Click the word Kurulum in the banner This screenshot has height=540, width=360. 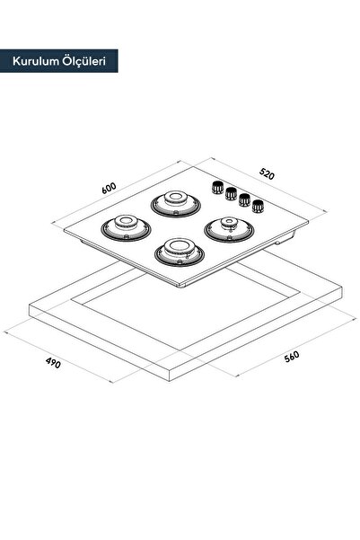tap(35, 61)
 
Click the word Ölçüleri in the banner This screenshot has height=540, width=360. tap(84, 60)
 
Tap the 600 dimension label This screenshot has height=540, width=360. tap(109, 189)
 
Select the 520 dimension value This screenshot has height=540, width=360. tap(267, 174)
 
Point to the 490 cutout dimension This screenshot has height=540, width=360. tap(53, 363)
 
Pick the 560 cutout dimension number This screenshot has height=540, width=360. tap(292, 357)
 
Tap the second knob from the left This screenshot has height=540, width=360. tap(231, 193)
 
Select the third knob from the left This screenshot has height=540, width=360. tap(244, 199)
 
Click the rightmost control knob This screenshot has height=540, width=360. tap(258, 206)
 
